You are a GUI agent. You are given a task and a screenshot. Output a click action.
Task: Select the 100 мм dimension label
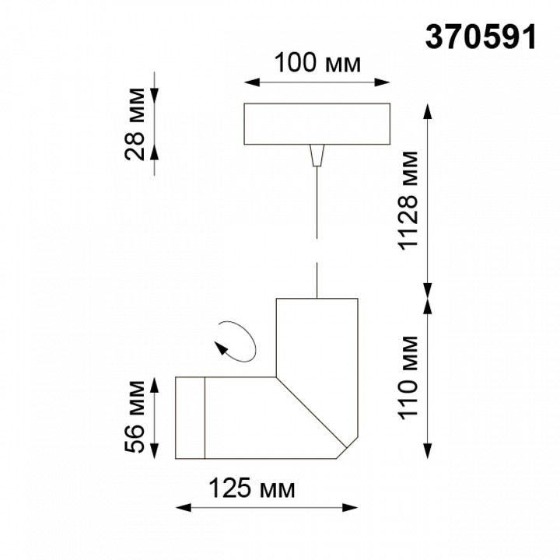(318, 63)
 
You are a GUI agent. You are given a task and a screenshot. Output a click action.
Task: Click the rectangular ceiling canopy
(317, 124)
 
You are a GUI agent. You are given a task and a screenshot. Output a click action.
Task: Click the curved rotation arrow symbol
(236, 340)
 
